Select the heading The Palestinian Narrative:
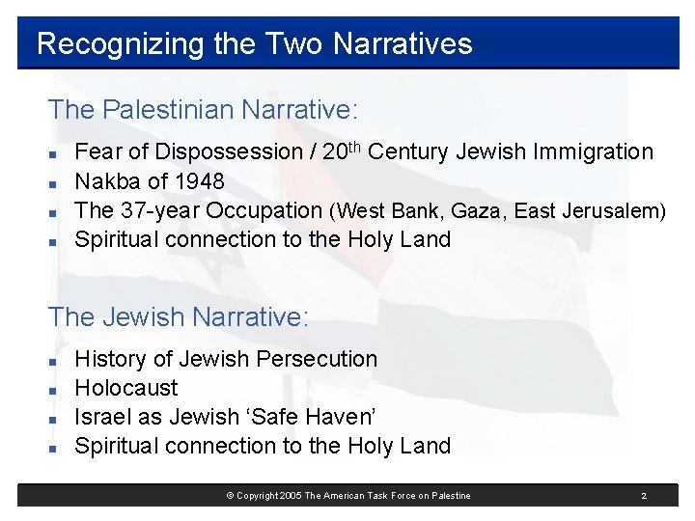pyautogui.click(x=203, y=110)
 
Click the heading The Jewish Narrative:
pyautogui.click(x=178, y=316)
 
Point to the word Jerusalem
pyautogui.click(x=615, y=211)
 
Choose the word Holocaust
pyautogui.click(x=126, y=388)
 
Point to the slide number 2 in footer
pyautogui.click(x=644, y=496)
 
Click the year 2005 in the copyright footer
pyautogui.click(x=289, y=496)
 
